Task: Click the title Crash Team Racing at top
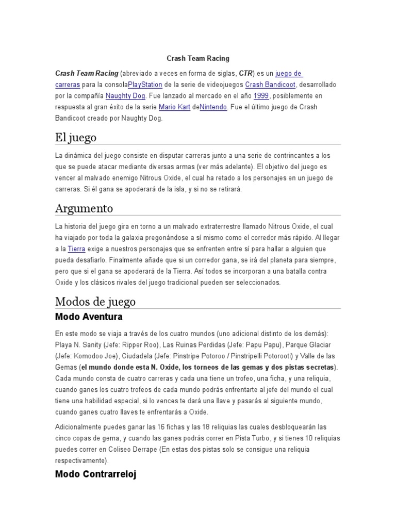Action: (x=198, y=58)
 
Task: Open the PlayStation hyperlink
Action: (x=145, y=85)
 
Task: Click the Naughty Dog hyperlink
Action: (x=126, y=96)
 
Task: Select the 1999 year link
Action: (x=261, y=96)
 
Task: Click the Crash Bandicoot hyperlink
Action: (x=267, y=85)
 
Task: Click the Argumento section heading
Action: (x=84, y=209)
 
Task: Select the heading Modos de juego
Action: (x=95, y=301)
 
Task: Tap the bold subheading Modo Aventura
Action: (x=89, y=316)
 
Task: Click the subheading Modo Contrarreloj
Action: (x=95, y=474)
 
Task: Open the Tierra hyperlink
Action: (x=76, y=249)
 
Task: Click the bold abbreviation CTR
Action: (x=246, y=73)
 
